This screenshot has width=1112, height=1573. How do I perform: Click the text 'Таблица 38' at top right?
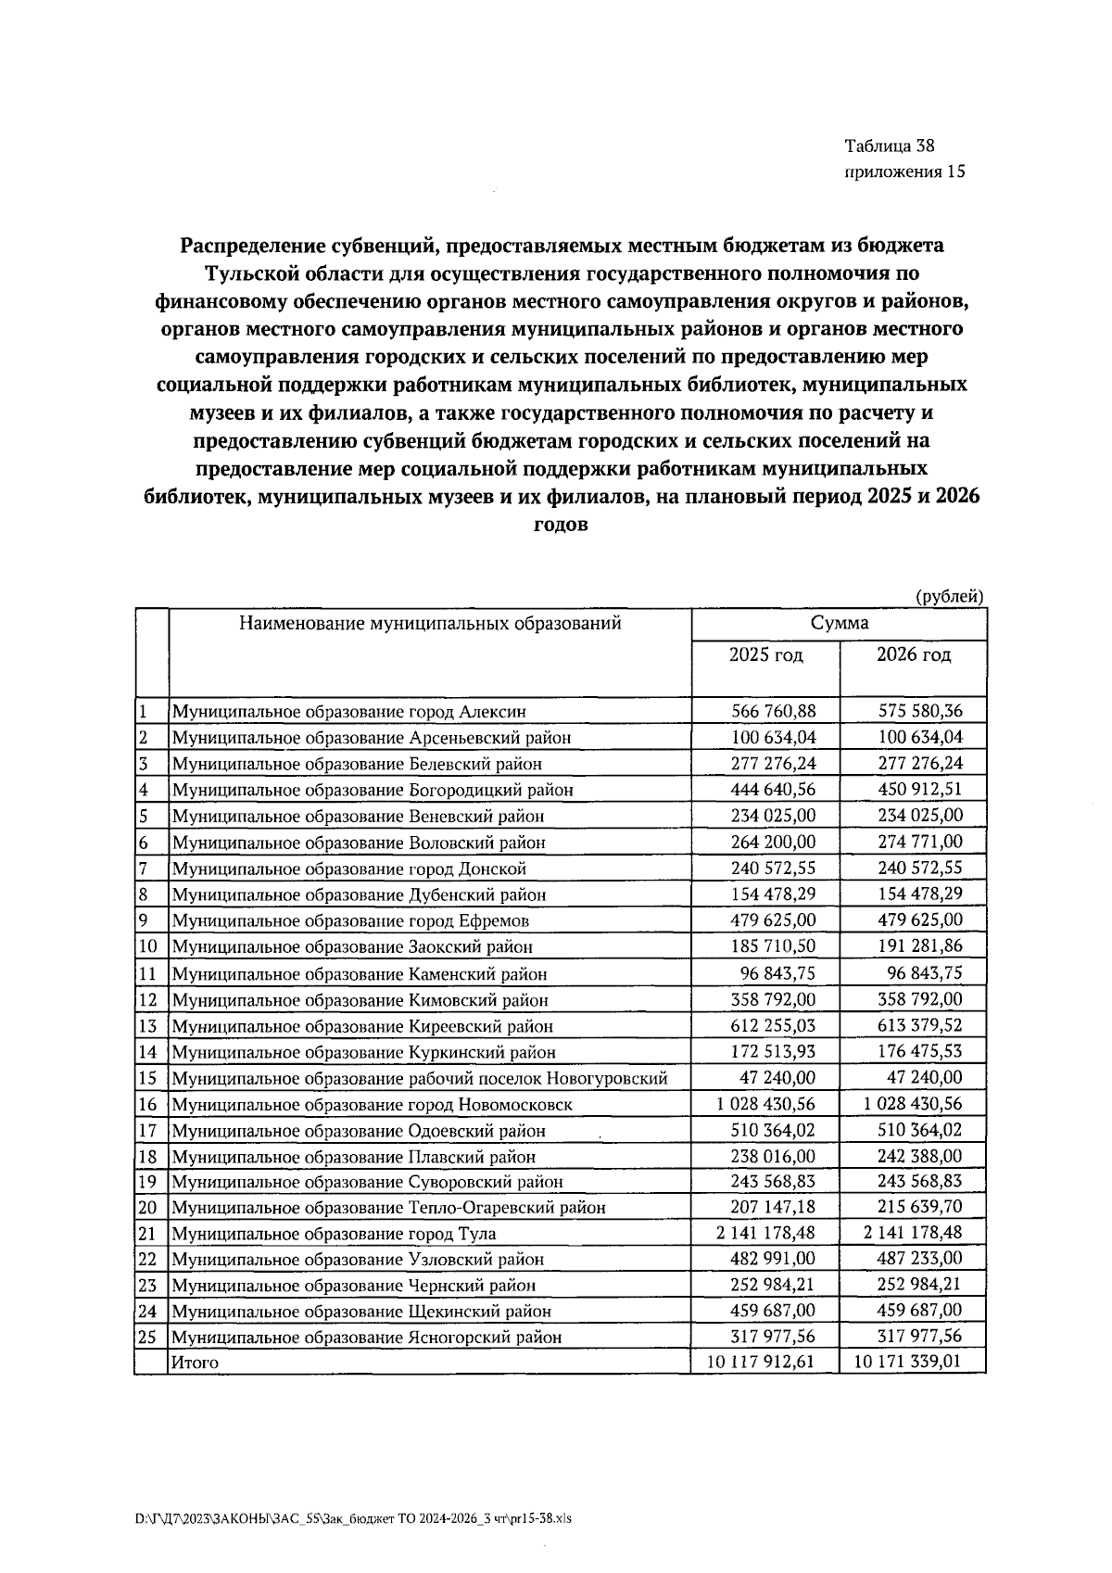(889, 146)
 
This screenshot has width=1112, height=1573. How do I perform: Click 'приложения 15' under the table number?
(904, 171)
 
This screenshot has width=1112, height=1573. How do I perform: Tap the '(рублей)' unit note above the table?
(949, 598)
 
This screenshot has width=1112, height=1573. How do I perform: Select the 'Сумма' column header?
(839, 623)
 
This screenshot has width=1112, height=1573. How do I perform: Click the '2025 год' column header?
(765, 655)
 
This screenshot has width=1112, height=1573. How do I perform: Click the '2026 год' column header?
(913, 655)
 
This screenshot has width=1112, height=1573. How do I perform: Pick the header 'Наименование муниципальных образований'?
(430, 623)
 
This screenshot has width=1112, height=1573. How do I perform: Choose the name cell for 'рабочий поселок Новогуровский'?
(420, 1078)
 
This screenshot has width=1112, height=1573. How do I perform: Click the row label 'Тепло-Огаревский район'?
(389, 1208)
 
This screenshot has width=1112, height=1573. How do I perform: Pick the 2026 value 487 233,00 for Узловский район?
(920, 1258)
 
